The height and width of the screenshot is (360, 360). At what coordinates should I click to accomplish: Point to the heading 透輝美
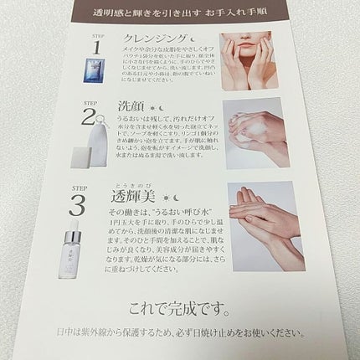pos(142,198)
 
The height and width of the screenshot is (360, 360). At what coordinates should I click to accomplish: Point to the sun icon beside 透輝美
pos(175,198)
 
